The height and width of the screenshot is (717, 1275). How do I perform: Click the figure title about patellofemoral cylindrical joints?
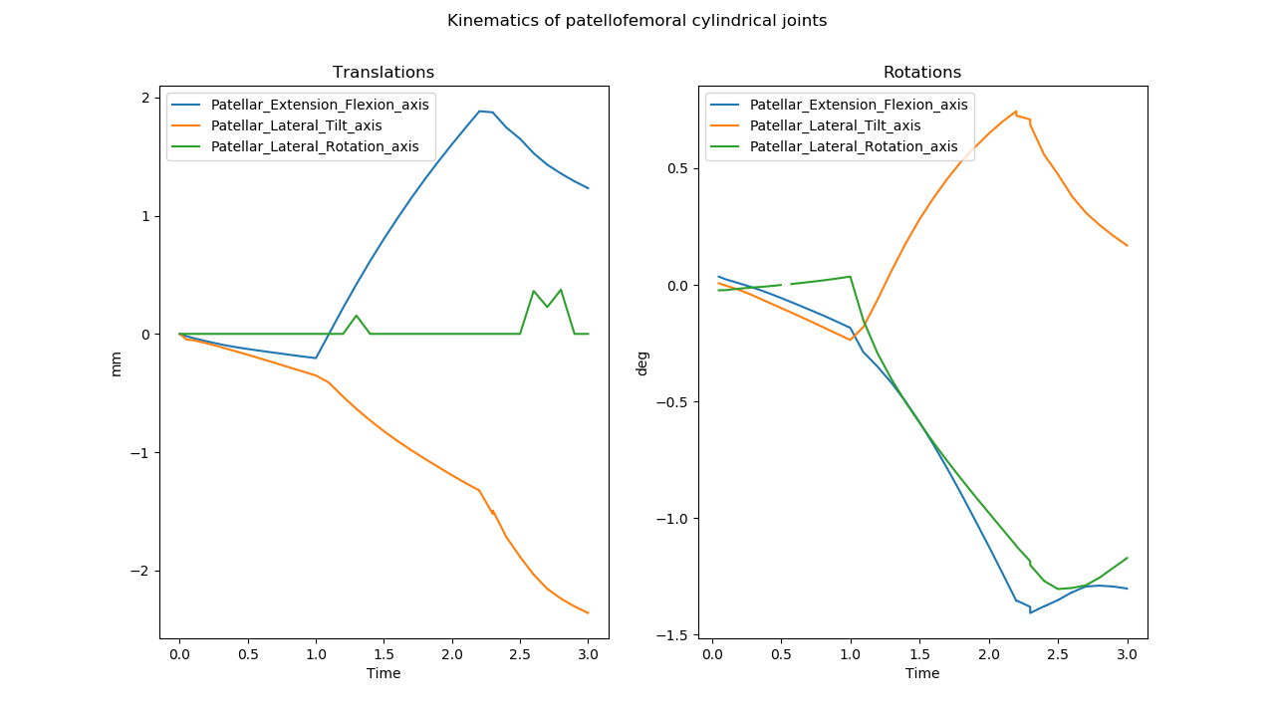click(637, 21)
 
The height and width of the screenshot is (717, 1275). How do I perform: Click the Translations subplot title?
click(383, 73)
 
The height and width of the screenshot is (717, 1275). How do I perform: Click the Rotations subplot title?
click(922, 73)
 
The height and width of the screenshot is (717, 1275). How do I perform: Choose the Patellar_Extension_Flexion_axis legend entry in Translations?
click(319, 105)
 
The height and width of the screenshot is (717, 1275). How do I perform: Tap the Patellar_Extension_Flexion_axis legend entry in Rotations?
click(859, 105)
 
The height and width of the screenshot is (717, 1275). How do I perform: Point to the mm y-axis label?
click(117, 362)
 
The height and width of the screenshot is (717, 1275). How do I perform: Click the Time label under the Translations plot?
click(383, 673)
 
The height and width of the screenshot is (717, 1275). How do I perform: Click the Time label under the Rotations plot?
click(922, 673)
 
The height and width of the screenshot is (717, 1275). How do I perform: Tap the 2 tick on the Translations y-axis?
click(145, 98)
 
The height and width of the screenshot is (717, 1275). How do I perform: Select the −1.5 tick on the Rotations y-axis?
click(676, 635)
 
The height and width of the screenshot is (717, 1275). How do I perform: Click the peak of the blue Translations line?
click(479, 111)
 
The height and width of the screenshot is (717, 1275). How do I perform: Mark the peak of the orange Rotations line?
click(1016, 112)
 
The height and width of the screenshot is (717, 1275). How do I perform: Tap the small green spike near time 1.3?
click(357, 316)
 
